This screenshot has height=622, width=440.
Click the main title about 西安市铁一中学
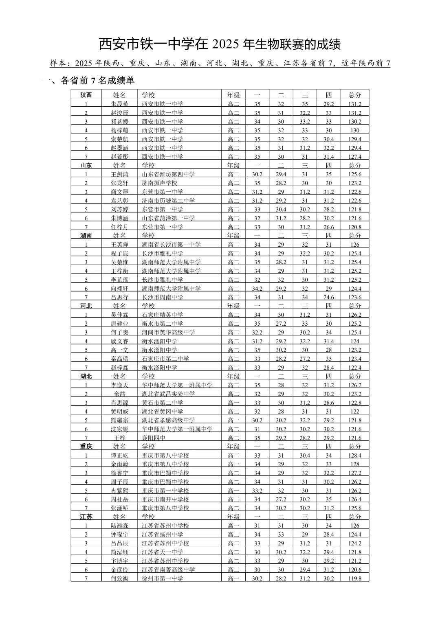220,44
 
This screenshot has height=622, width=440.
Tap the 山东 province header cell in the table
86,165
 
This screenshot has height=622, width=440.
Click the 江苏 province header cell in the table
86,517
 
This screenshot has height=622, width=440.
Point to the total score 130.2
354,121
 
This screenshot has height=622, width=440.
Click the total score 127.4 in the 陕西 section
354,157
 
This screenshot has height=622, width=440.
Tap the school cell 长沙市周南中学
162,297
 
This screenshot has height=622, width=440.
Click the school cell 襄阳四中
154,438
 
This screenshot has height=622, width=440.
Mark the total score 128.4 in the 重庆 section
354,456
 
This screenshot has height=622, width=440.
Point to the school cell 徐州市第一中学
162,578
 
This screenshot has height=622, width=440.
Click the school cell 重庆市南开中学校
165,499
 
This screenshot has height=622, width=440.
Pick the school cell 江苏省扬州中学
162,534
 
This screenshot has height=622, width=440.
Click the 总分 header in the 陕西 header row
354,95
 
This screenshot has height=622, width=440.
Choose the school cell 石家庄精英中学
162,315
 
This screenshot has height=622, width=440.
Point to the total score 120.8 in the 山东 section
354,227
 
